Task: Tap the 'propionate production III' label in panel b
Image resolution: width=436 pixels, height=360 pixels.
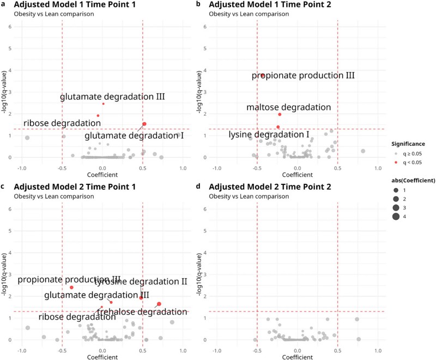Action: point(303,75)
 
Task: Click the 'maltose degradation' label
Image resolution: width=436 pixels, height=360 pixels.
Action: point(288,107)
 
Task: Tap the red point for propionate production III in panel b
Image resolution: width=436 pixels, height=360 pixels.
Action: point(262,75)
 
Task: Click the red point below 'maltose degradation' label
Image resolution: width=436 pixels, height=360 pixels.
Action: point(280,115)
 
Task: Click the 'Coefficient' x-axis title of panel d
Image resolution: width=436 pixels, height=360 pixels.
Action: point(298,357)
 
